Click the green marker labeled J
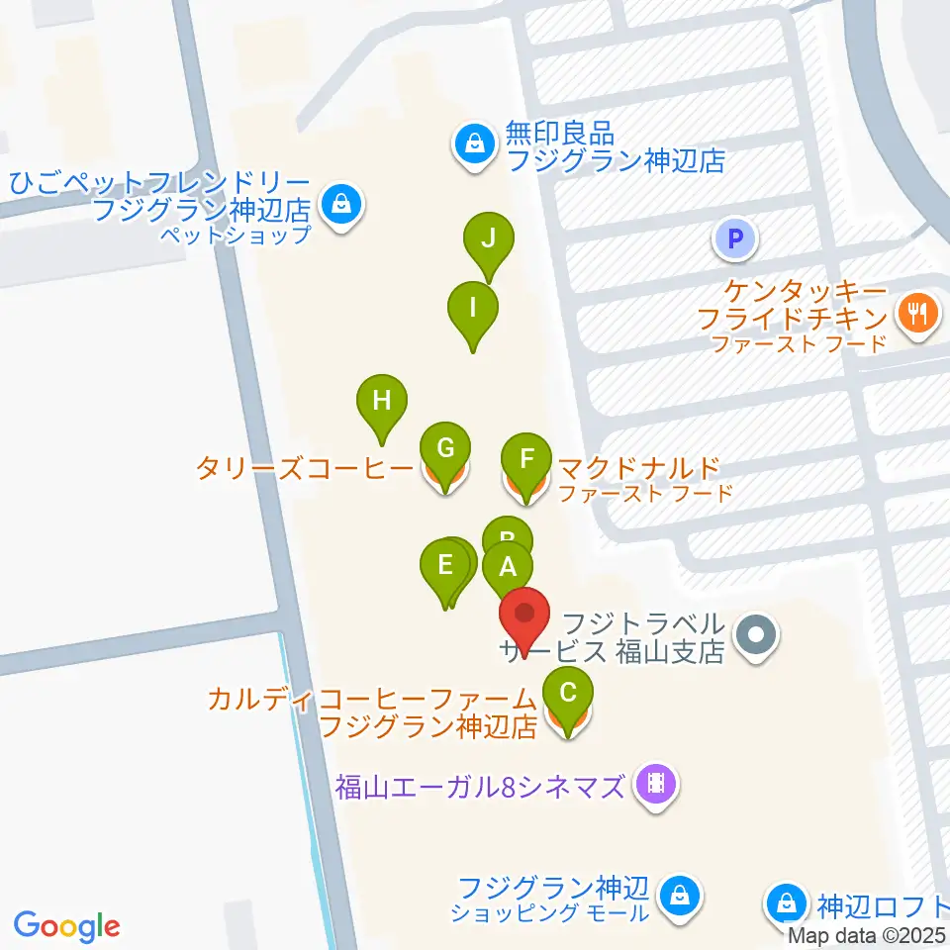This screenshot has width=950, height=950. coord(488,239)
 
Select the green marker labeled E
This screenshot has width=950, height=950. coord(444,567)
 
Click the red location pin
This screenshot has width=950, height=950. coord(524,616)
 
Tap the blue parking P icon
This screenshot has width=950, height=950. coord(735,238)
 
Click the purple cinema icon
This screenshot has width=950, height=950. coord(656,785)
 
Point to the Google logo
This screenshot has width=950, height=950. coord(67,926)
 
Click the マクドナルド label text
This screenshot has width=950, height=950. coord(637,467)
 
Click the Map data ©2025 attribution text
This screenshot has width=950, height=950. coord(868,935)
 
